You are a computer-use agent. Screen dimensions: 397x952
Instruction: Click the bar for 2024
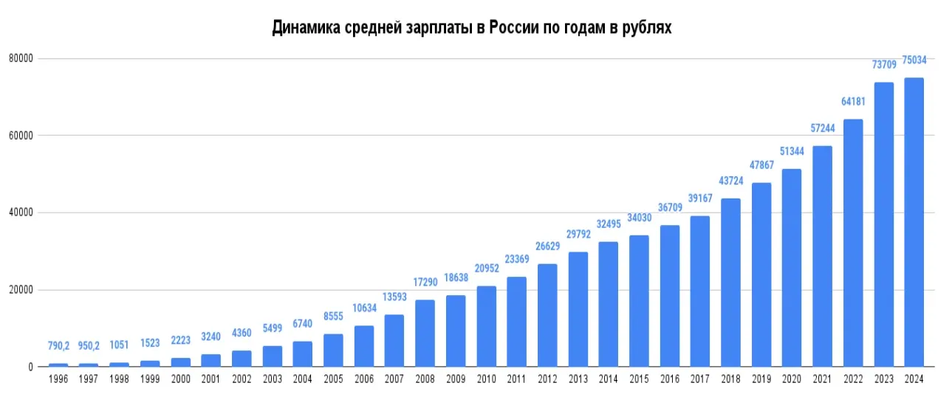coord(914,222)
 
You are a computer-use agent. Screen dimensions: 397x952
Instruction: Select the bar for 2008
coord(425,333)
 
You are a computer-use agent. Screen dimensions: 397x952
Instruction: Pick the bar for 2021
coord(822,256)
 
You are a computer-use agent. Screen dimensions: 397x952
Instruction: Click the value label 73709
coord(883,65)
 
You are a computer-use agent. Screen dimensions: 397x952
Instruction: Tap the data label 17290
coord(425,283)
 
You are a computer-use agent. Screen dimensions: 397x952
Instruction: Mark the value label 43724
coord(730,181)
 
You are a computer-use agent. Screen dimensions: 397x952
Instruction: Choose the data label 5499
coord(273,328)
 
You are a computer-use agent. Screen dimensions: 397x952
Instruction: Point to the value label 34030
coord(639,218)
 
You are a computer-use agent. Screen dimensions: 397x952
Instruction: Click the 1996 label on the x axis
coord(58,379)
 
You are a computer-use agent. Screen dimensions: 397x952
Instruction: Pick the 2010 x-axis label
coord(486,379)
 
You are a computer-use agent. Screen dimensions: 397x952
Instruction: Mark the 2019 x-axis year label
coord(761,379)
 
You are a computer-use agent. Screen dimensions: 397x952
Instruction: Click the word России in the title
coord(521,28)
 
